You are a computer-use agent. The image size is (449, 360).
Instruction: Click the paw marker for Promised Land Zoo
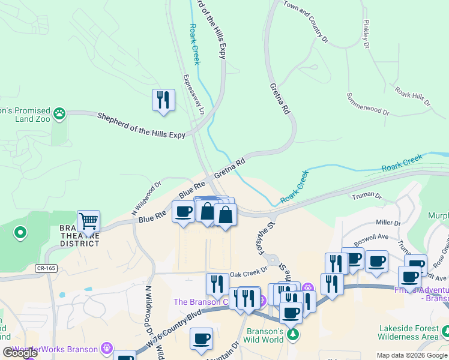[x=59, y=113]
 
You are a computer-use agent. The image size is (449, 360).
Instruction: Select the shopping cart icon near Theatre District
[x=88, y=221]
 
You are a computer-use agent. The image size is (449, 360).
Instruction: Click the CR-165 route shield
[x=46, y=268]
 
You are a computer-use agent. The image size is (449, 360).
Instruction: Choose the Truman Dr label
[x=367, y=196]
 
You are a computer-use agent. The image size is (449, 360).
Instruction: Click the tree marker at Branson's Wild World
[x=292, y=334]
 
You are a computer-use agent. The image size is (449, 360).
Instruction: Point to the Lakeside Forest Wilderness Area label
[x=408, y=333]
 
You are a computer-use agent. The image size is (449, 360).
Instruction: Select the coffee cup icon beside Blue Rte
[x=184, y=211]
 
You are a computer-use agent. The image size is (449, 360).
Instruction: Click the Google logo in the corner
[x=20, y=353]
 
